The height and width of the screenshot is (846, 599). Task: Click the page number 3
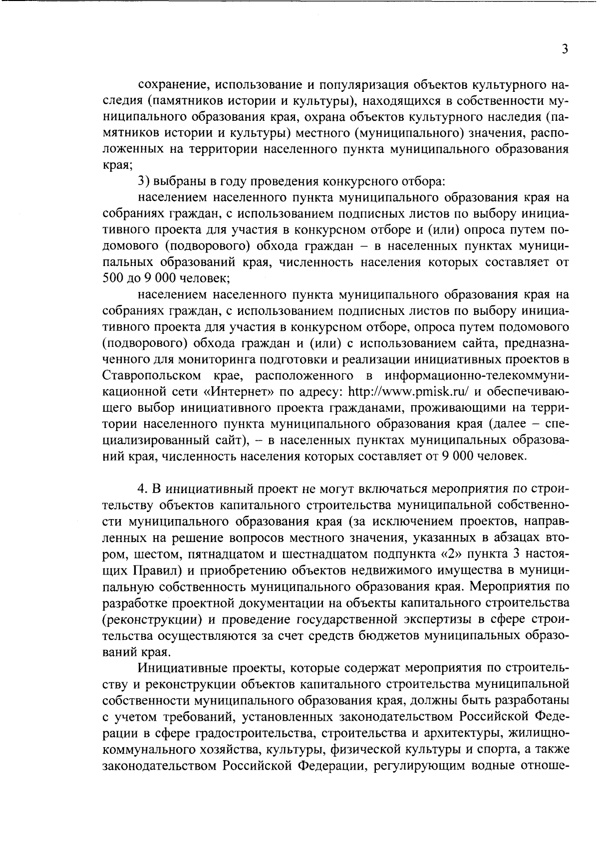(x=565, y=49)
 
